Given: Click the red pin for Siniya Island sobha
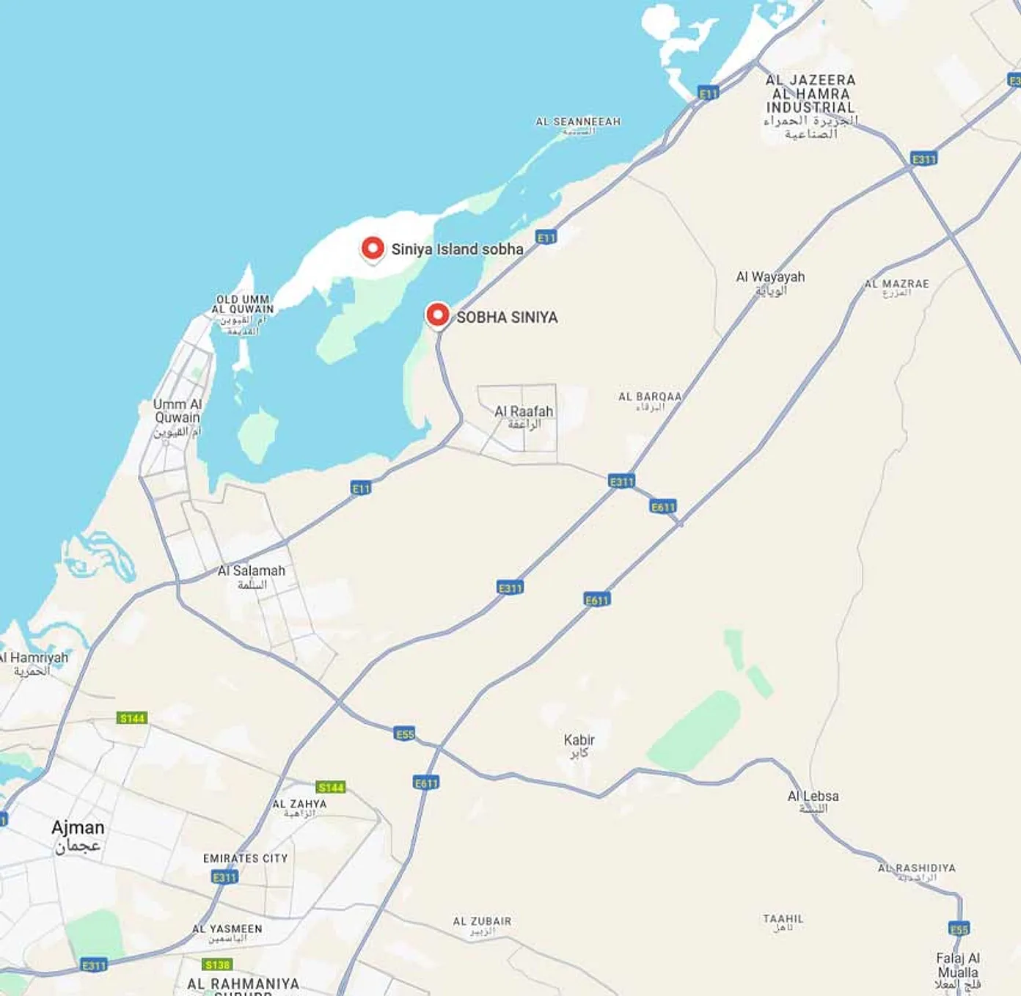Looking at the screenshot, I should coord(373,249).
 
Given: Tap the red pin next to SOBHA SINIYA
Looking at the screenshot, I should coord(438,315).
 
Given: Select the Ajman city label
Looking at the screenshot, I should coord(78,835).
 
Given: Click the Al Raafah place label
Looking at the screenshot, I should coord(524,417).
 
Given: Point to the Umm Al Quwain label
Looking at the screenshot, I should coord(178,417).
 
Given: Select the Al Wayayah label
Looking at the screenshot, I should coord(770,281).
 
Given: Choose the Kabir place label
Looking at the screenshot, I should coord(579,744).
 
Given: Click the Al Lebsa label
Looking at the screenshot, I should coord(813,800).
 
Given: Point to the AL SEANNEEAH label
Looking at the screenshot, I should coord(578,125).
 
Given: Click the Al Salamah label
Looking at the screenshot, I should coord(251,576).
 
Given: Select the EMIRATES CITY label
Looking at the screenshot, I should coord(245,858).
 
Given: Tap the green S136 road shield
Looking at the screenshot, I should coord(217,964).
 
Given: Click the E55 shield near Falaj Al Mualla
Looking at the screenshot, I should coord(959,929).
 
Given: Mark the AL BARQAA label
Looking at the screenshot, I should coord(649,400).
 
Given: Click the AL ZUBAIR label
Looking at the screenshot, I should coord(482,925).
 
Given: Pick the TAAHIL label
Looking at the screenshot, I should coord(783,922).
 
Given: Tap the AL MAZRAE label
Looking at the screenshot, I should coord(896,287).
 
